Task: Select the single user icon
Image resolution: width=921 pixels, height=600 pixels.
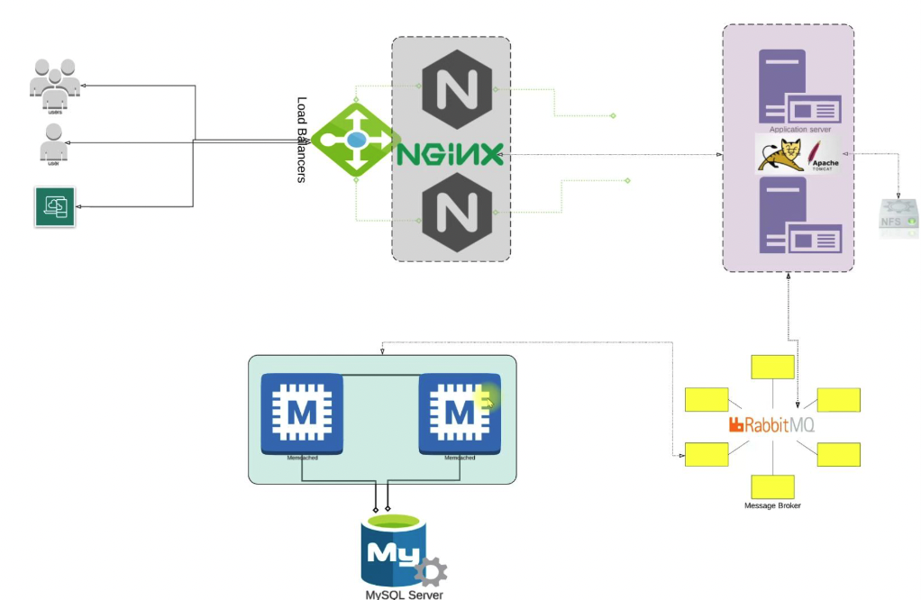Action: pos(53,141)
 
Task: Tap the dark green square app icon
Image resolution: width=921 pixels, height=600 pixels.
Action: pos(55,206)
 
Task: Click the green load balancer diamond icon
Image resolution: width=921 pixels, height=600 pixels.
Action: pos(356,140)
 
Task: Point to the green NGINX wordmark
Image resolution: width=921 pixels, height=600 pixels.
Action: pos(450,154)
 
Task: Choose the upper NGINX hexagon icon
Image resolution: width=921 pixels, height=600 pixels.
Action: pos(451,90)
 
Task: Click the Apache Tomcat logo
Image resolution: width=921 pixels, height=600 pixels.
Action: pos(798,155)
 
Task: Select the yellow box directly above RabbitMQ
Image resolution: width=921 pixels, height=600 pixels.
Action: pos(772,367)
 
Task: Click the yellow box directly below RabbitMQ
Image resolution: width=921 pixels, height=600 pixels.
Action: pos(772,486)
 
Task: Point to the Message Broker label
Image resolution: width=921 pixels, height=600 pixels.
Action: pos(772,505)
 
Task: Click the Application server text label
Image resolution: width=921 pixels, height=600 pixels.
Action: pos(799,130)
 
